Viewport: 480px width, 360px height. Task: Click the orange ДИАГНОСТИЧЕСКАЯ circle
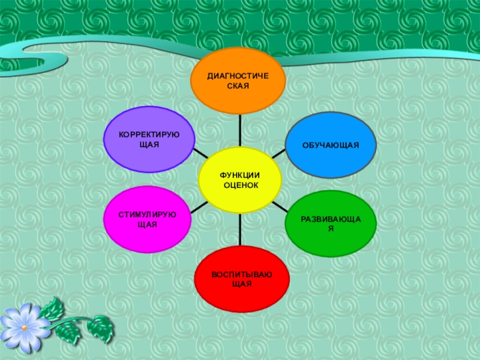click(238, 82)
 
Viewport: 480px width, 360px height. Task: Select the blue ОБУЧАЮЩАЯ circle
click(330, 146)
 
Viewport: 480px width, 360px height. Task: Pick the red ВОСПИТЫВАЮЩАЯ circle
click(241, 278)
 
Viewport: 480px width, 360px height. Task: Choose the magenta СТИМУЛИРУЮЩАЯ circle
click(148, 219)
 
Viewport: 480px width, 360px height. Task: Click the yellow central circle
click(240, 180)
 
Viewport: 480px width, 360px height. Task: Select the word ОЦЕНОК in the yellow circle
click(241, 185)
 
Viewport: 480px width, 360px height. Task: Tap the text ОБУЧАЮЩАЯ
click(330, 146)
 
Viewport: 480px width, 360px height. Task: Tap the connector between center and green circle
click(278, 205)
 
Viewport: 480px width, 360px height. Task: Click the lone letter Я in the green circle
click(331, 229)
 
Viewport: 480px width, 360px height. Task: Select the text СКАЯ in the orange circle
click(238, 86)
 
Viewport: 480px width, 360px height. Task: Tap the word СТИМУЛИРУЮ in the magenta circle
click(148, 214)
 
